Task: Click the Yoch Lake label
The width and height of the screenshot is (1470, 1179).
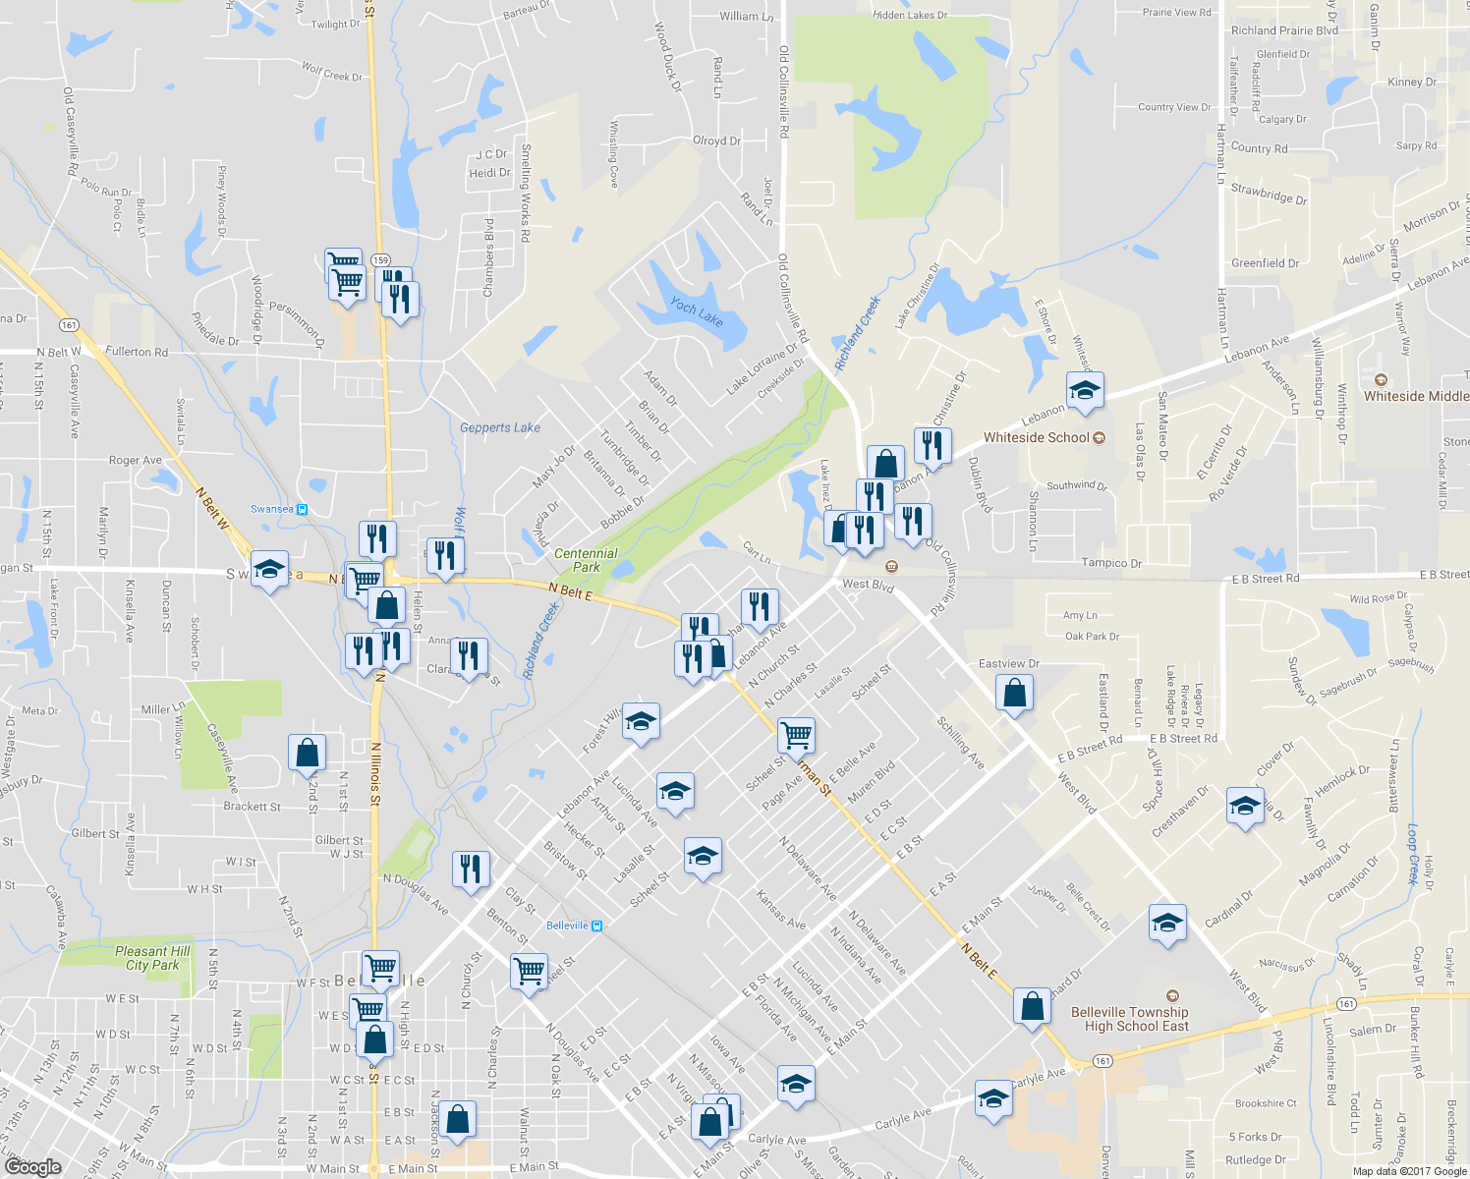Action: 697,312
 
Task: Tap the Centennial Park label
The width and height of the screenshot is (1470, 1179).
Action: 586,560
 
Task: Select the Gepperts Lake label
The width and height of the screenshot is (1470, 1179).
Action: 499,427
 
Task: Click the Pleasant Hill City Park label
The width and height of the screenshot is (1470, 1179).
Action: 152,958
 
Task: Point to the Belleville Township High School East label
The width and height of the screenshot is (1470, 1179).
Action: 1129,1019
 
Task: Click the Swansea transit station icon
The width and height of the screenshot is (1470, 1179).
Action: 302,509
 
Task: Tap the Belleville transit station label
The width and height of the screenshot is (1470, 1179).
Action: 567,926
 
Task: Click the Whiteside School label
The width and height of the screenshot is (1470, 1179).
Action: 1036,437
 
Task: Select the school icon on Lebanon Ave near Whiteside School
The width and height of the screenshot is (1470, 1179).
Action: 1084,391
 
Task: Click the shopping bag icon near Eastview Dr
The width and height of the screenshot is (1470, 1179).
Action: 1014,693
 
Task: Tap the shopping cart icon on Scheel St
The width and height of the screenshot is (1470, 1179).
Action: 795,734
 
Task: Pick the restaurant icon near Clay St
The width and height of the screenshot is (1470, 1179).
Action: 471,869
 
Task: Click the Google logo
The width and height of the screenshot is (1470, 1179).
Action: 32,1166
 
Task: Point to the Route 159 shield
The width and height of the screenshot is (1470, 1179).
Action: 381,259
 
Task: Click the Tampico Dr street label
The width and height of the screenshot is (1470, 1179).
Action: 1111,563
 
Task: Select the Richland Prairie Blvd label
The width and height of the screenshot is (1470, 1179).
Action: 1283,30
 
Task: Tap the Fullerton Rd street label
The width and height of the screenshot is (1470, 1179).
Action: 137,352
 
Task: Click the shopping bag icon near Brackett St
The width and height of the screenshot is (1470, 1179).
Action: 307,754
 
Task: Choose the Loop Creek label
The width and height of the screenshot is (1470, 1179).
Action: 1414,854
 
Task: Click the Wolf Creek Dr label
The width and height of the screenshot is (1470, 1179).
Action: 331,72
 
